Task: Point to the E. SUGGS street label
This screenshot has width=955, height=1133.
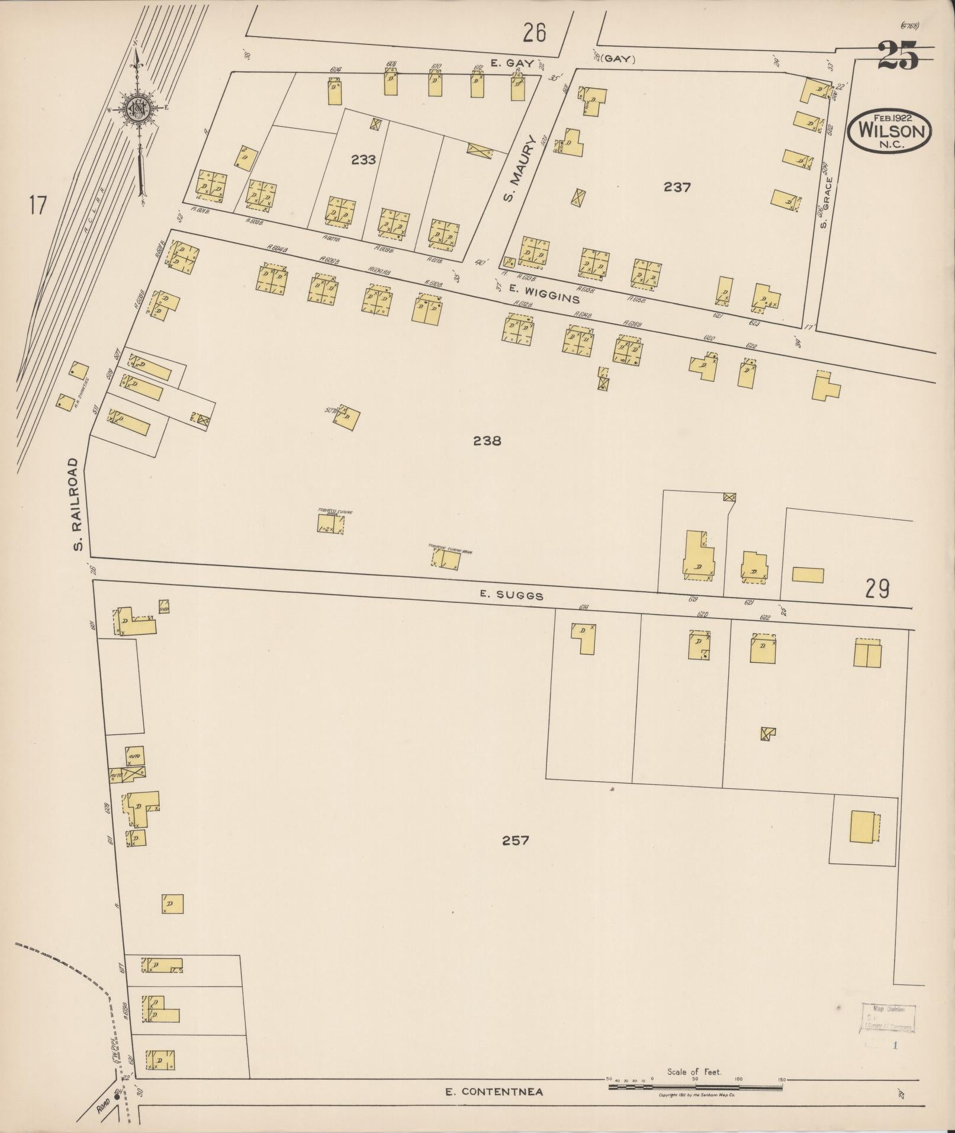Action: pyautogui.click(x=512, y=595)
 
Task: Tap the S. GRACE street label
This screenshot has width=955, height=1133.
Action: pyautogui.click(x=824, y=201)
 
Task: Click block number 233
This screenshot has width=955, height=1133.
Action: pyautogui.click(x=363, y=159)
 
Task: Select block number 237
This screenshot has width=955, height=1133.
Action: pyautogui.click(x=677, y=187)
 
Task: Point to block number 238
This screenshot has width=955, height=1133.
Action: pyautogui.click(x=487, y=441)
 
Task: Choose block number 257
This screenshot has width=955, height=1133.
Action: pyautogui.click(x=515, y=840)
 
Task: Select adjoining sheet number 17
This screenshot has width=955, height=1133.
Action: pyautogui.click(x=37, y=207)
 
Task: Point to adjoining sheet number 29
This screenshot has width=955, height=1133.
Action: pyautogui.click(x=877, y=589)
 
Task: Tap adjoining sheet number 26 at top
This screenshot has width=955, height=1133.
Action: pyautogui.click(x=533, y=33)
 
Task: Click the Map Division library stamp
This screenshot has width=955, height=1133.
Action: pyautogui.click(x=888, y=1019)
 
